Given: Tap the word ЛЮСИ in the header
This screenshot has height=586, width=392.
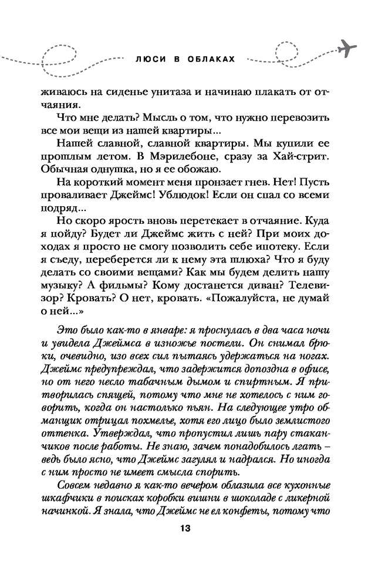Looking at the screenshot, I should pyautogui.click(x=147, y=59).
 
